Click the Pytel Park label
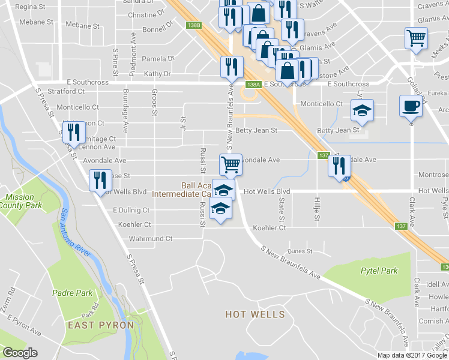(379, 271)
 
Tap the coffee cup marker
(411, 106)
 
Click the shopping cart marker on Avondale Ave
(231, 164)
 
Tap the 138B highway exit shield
(193, 25)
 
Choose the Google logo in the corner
(20, 353)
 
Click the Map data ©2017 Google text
(412, 355)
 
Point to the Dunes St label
(300, 251)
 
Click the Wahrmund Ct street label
(151, 238)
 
